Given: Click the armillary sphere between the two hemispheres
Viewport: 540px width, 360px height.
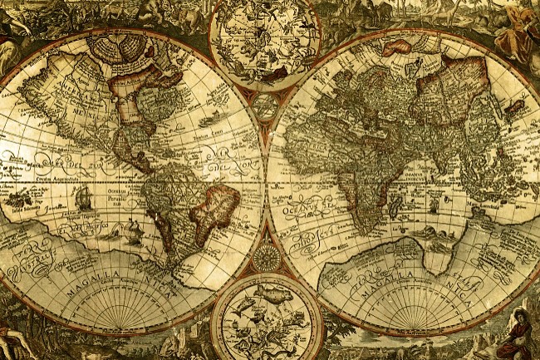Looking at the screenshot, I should (x=266, y=105).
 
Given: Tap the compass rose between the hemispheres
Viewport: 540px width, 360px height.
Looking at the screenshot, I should (x=267, y=257).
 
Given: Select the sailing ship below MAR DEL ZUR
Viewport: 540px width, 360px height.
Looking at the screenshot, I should (x=82, y=198).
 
